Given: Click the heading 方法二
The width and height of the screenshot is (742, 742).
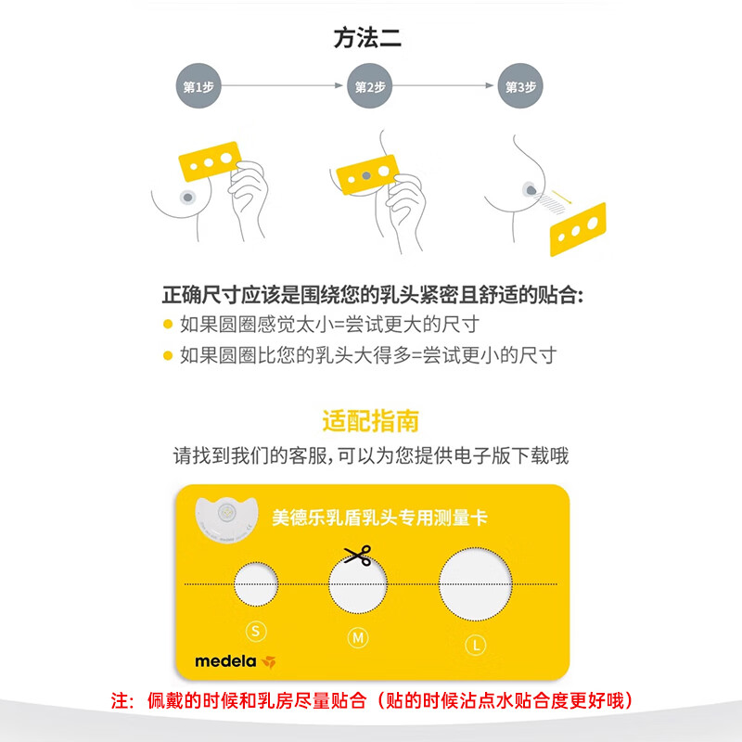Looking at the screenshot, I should pyautogui.click(x=369, y=40).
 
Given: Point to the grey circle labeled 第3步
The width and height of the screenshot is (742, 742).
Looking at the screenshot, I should pyautogui.click(x=519, y=86).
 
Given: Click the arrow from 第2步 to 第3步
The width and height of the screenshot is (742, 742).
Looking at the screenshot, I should pyautogui.click(x=443, y=86).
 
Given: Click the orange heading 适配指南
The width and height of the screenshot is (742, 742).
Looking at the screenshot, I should pyautogui.click(x=370, y=421).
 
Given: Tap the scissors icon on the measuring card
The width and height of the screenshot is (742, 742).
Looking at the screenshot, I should pyautogui.click(x=356, y=556).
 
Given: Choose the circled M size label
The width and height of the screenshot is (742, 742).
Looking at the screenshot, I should pyautogui.click(x=356, y=637).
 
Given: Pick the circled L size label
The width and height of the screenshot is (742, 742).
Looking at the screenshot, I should pyautogui.click(x=474, y=643).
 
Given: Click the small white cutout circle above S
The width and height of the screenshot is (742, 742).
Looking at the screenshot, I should pyautogui.click(x=255, y=583).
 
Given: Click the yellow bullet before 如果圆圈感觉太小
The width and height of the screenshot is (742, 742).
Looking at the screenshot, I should pyautogui.click(x=167, y=325).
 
